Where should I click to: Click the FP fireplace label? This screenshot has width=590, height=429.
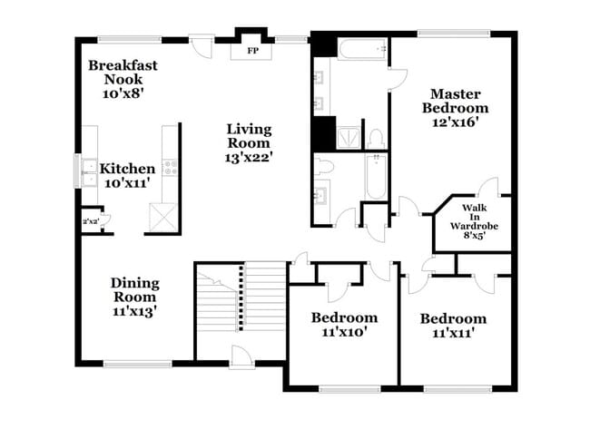(253, 51)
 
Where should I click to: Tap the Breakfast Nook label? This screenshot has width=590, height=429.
(125, 79)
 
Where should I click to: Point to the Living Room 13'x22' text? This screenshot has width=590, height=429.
(249, 142)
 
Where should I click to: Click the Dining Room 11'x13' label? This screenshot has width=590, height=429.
(134, 297)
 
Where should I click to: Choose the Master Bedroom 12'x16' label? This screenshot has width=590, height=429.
(455, 107)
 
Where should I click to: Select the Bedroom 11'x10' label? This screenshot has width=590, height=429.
(344, 325)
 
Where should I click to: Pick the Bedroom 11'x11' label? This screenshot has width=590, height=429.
(452, 326)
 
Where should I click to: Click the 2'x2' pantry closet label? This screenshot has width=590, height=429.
(90, 220)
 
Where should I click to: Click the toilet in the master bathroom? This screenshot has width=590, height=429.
(375, 138)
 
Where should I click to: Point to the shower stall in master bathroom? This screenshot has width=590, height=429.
(346, 136)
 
